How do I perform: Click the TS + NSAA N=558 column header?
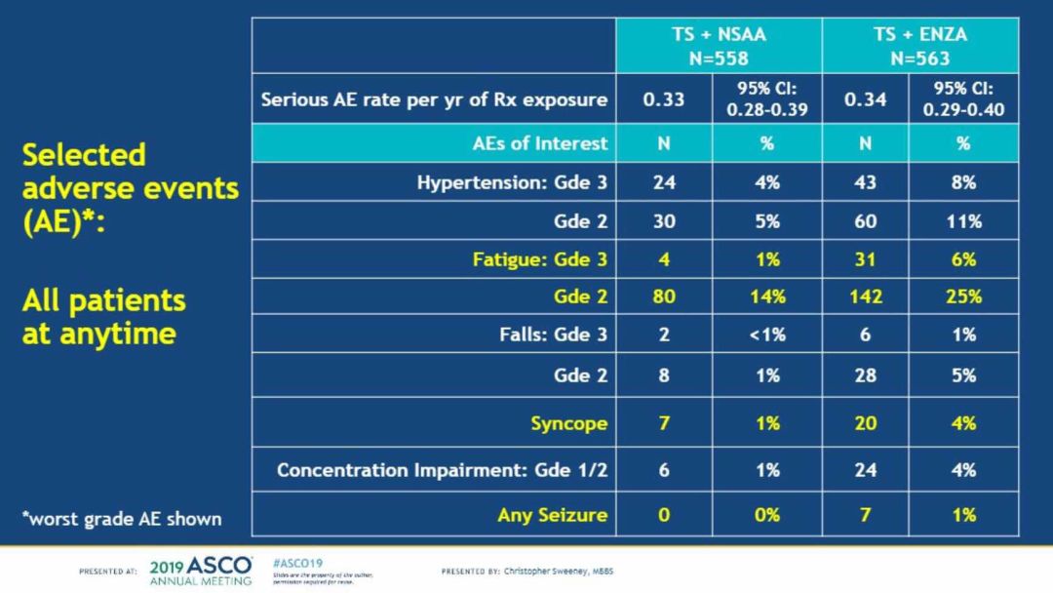pyautogui.click(x=719, y=46)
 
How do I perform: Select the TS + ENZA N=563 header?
pyautogui.click(x=919, y=46)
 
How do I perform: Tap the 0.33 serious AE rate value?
pyautogui.click(x=663, y=99)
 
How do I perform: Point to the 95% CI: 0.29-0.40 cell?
pyautogui.click(x=963, y=99)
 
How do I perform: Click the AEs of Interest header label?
pyautogui.click(x=539, y=143)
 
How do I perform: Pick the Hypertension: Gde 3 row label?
pyautogui.click(x=512, y=182)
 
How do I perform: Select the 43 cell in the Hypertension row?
pyautogui.click(x=864, y=182)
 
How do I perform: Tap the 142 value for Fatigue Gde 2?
pyautogui.click(x=864, y=297)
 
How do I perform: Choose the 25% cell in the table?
pyautogui.click(x=963, y=297)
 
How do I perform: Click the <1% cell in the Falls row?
pyautogui.click(x=766, y=335)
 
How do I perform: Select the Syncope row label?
pyautogui.click(x=568, y=423)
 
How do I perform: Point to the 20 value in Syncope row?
pyautogui.click(x=864, y=423)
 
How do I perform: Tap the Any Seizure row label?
pyautogui.click(x=552, y=514)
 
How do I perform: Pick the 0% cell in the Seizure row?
pyautogui.click(x=766, y=514)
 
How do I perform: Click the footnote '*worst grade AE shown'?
pyautogui.click(x=122, y=518)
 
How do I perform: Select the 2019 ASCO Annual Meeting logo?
pyautogui.click(x=201, y=571)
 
